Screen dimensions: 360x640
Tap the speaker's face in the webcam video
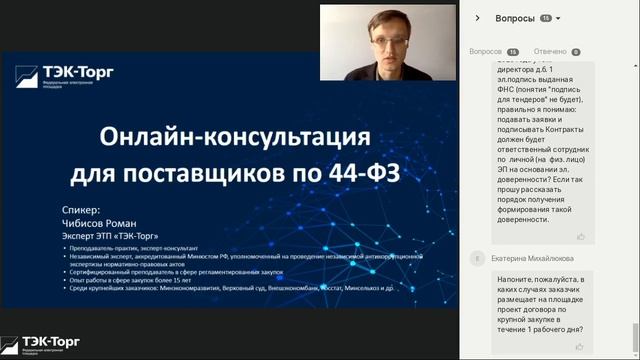(386, 42)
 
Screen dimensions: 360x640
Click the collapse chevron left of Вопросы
(478, 18)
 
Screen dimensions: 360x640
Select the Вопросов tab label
(486, 52)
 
